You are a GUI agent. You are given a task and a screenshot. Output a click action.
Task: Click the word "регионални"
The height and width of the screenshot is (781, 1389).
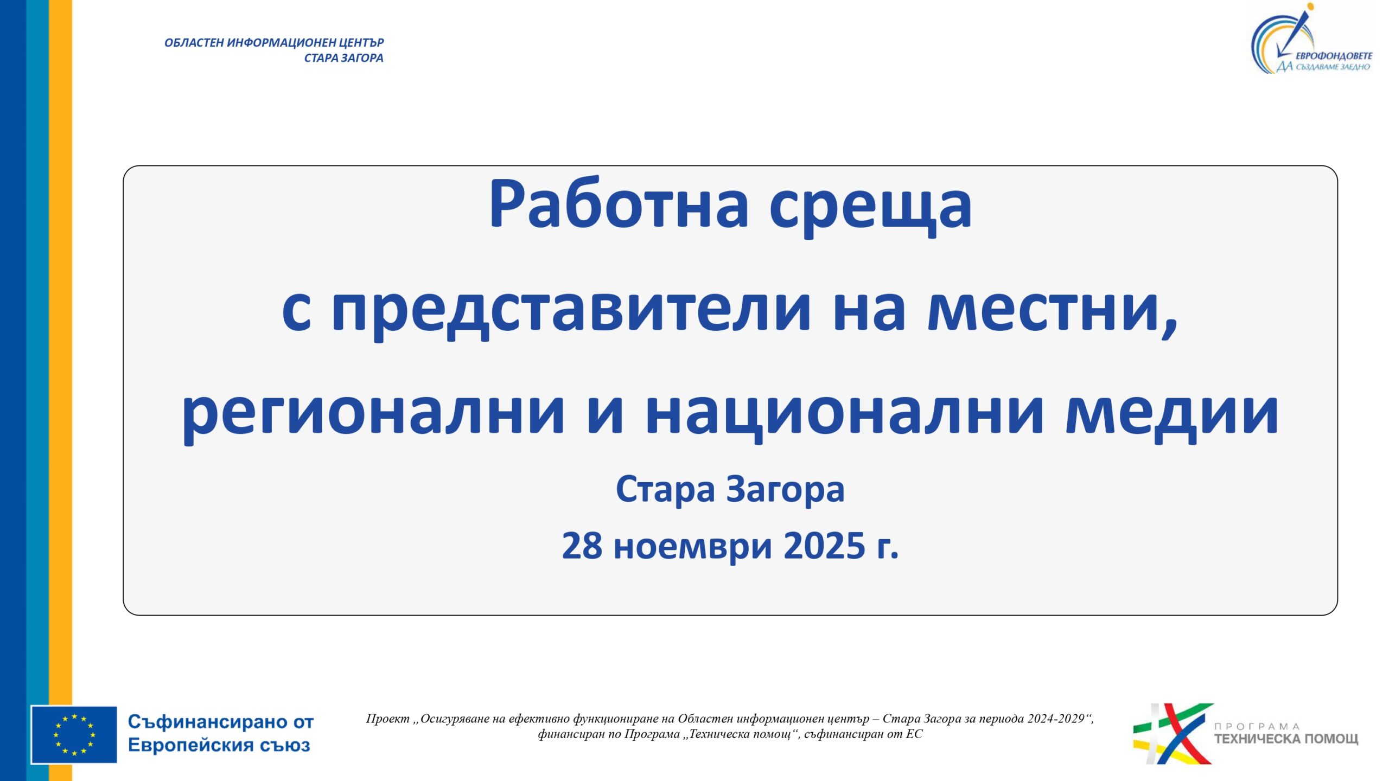click(x=373, y=415)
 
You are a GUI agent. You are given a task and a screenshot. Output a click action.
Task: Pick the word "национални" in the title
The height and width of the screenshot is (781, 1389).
click(x=844, y=415)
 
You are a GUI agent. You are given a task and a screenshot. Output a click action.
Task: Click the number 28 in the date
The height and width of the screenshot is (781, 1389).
click(x=582, y=546)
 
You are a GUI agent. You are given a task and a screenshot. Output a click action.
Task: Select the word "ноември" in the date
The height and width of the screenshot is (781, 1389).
click(x=693, y=548)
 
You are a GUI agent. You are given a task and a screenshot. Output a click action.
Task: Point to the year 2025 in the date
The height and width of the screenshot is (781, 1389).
click(x=824, y=546)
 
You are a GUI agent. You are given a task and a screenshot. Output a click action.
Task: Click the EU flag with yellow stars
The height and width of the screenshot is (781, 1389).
click(x=74, y=734)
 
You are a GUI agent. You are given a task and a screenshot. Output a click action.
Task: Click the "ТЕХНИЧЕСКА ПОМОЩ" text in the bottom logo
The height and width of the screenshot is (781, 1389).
click(x=1286, y=739)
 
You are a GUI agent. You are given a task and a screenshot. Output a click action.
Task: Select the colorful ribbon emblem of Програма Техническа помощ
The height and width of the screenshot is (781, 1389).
click(x=1172, y=733)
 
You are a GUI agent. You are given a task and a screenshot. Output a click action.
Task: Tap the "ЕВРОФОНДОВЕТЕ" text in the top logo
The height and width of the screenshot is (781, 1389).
click(x=1334, y=55)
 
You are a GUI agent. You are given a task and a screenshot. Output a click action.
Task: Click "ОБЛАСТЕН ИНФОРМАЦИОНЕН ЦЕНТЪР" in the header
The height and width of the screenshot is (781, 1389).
click(x=274, y=43)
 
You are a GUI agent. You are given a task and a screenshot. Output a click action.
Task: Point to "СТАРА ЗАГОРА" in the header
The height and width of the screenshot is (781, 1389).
click(x=343, y=58)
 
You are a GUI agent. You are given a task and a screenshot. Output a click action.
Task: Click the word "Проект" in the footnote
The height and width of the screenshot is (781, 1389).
click(x=387, y=719)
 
